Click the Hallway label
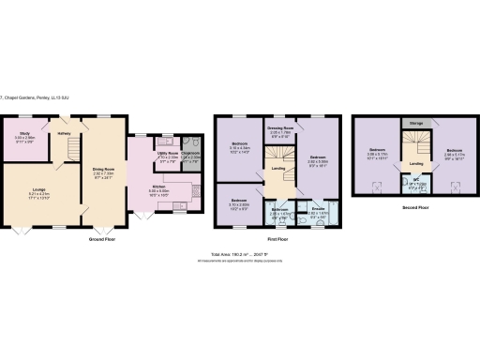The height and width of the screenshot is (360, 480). (65, 134)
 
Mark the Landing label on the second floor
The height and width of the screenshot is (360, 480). (415, 164)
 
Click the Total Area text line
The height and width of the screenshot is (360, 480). (246, 254)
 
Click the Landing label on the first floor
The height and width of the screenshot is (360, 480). (277, 169)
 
